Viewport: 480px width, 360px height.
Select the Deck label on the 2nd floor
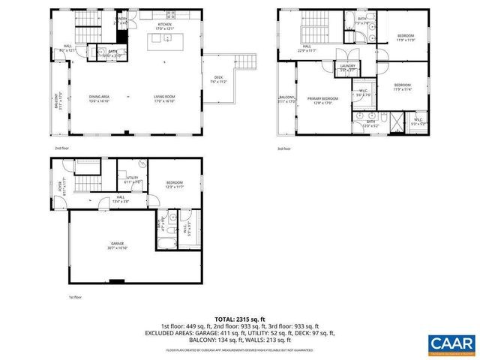tap(218, 79)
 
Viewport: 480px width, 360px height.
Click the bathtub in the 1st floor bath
tap(166, 243)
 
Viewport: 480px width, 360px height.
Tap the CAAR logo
tap(452, 343)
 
